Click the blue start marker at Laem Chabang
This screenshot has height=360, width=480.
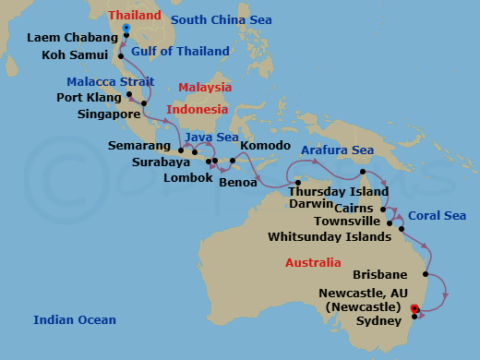[x=126, y=29]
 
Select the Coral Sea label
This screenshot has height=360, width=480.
[x=438, y=215]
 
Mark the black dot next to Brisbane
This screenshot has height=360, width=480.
[x=425, y=274]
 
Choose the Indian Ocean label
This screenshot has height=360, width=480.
[x=74, y=320]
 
